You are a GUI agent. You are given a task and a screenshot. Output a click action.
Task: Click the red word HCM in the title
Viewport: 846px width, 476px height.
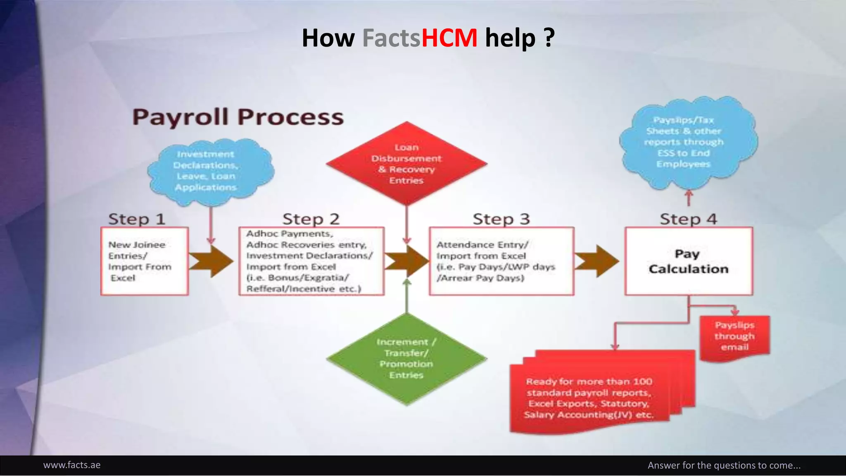click(x=449, y=38)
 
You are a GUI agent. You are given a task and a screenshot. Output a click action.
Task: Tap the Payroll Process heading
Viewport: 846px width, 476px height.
click(x=238, y=117)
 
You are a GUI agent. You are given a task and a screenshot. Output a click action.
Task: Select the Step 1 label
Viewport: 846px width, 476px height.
click(x=137, y=219)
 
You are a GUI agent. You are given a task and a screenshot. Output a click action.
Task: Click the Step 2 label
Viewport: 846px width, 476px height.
click(x=311, y=219)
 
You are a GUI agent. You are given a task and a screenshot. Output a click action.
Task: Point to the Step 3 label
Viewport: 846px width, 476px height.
click(x=501, y=219)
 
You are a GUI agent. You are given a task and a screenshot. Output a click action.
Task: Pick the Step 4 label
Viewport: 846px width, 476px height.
click(x=688, y=219)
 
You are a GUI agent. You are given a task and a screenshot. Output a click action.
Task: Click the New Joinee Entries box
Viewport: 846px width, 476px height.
click(x=145, y=261)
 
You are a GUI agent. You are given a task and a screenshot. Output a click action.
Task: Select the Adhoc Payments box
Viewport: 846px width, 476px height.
click(x=311, y=261)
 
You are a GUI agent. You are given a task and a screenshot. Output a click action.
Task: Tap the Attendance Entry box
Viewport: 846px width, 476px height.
click(x=501, y=261)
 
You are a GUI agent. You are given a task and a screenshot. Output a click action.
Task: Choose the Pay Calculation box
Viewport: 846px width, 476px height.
click(x=689, y=261)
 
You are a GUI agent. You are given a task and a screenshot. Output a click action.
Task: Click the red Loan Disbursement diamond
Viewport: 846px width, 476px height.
click(x=406, y=164)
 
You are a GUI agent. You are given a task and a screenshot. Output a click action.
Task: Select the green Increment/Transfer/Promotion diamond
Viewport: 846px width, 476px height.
click(x=406, y=359)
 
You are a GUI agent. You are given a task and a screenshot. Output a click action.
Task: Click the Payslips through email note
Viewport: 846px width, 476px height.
click(x=734, y=336)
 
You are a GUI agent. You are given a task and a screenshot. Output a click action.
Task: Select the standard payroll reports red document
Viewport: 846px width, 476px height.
click(x=589, y=397)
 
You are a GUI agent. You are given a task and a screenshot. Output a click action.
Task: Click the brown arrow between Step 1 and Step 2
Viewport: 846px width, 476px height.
click(x=211, y=261)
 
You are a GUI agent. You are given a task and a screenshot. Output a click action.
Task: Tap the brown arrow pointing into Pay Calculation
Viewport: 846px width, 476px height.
click(x=597, y=261)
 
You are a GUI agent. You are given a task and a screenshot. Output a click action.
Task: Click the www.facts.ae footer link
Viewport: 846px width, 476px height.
click(x=72, y=465)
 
